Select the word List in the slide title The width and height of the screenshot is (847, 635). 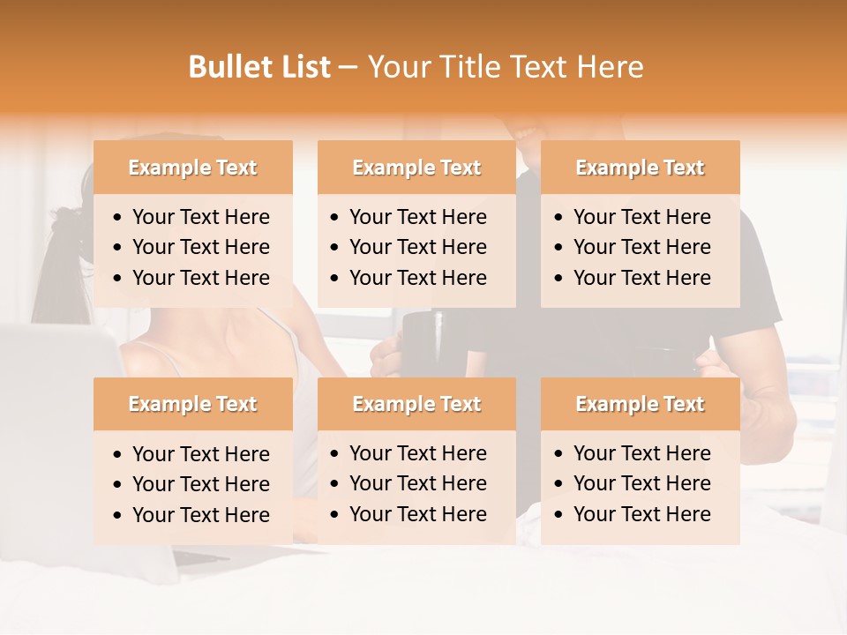pos(304,67)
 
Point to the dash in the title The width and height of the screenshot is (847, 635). pos(349,68)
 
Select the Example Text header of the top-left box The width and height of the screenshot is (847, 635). pos(192,168)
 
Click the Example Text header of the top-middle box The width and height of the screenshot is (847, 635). pos(416,168)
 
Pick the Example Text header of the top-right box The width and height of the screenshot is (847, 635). pos(640,168)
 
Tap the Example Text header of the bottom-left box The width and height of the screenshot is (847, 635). pos(192,404)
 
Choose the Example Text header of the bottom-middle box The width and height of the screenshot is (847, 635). pos(416,404)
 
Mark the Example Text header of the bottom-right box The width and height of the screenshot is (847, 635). pos(640,404)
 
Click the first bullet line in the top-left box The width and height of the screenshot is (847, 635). pos(200,217)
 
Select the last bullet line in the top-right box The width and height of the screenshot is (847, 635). pos(641,278)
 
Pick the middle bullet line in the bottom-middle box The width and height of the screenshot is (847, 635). pos(417,483)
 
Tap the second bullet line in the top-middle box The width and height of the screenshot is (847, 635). pos(417,247)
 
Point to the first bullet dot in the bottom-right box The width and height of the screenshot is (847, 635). pos(559,454)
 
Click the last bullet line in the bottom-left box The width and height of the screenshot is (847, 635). pos(200,515)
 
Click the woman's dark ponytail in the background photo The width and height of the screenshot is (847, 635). pos(57,265)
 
